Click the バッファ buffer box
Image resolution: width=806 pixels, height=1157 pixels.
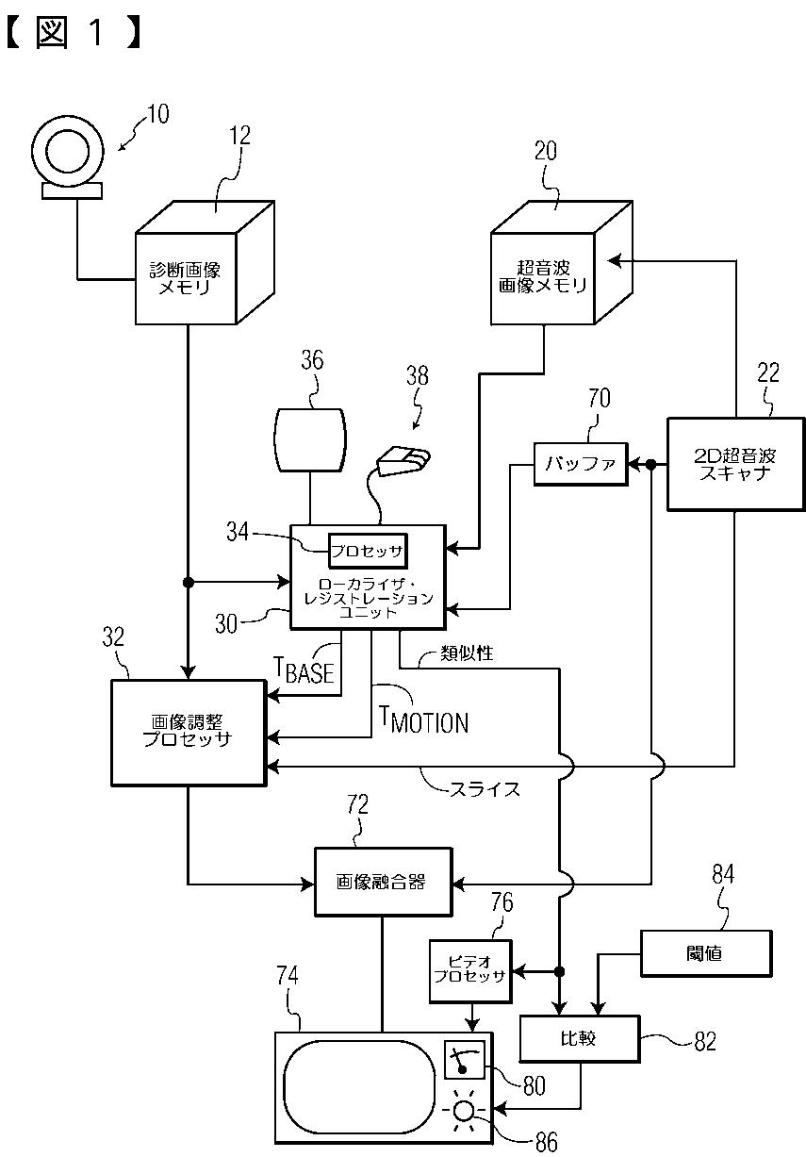[x=581, y=464]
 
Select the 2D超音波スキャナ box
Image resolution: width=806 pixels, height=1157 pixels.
[x=736, y=464]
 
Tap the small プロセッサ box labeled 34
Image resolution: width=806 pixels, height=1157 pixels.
[x=368, y=551]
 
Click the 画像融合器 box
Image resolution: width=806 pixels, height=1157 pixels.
[x=383, y=883]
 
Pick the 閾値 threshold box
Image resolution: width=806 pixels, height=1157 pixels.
[x=706, y=953]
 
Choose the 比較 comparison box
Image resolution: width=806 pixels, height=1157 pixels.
[x=580, y=1039]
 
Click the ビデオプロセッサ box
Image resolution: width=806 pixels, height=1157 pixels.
[x=470, y=971]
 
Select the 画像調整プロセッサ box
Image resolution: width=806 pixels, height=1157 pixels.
[x=189, y=733]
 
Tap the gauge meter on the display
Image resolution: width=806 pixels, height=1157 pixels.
[x=464, y=1060]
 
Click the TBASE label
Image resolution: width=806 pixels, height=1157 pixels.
[x=304, y=670]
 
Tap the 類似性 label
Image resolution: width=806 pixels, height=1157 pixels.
[x=467, y=653]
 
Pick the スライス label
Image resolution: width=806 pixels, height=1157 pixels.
[x=485, y=789]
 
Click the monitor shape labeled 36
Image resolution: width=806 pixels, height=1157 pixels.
[x=310, y=440]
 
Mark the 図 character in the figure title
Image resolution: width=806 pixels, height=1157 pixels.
[x=52, y=32]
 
